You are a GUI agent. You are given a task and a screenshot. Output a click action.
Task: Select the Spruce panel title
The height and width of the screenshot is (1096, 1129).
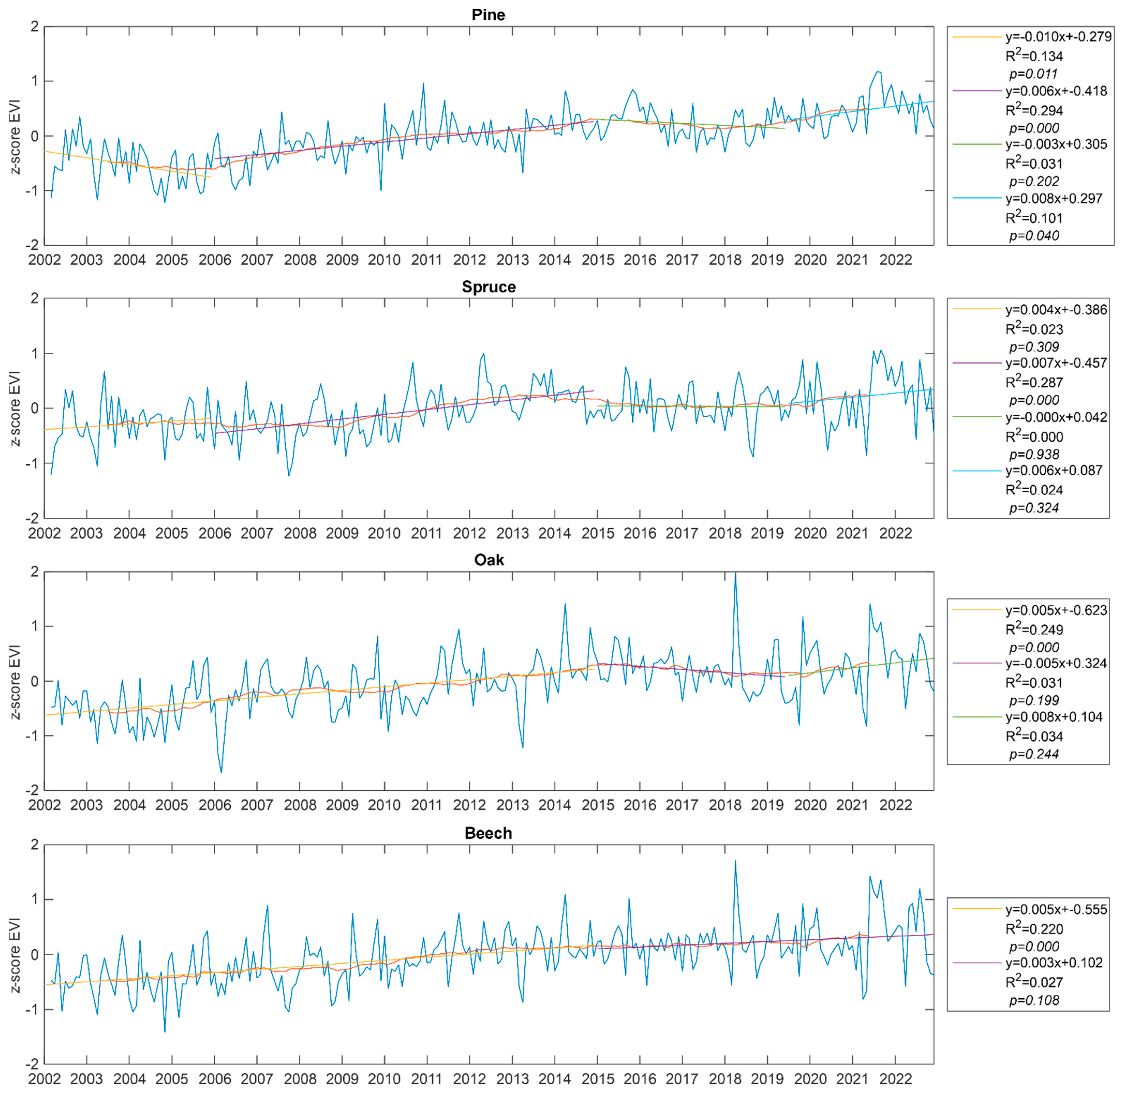point(488,287)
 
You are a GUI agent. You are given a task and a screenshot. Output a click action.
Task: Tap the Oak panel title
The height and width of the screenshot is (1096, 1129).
point(488,560)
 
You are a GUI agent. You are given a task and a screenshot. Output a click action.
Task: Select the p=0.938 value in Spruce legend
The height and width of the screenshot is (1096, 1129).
point(1034,454)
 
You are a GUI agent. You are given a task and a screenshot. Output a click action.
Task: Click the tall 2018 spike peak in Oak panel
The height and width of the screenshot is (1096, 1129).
point(735,573)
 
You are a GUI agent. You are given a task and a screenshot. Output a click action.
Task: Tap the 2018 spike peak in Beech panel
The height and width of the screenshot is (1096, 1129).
point(735,861)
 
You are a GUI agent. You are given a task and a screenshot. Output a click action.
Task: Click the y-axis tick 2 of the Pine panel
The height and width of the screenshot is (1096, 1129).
point(35,26)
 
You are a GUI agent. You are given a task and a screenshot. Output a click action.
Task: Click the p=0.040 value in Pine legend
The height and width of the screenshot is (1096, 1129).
point(1034,236)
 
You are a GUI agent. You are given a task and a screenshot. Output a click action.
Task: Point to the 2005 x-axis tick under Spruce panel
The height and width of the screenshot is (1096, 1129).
point(172,533)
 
